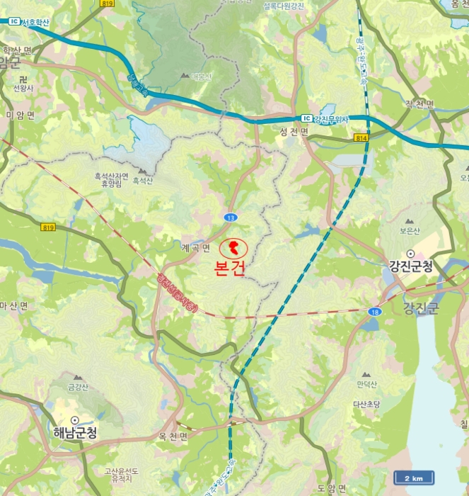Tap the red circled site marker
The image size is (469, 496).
click(232, 249)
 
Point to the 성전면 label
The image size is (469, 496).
click(294, 133)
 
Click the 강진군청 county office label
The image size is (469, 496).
click(410, 266)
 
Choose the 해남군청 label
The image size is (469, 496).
click(75, 432)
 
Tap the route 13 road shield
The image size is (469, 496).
click(231, 217)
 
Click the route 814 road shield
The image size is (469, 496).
click(361, 138)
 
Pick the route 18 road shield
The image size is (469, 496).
click(374, 310)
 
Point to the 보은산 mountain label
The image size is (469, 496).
click(410, 230)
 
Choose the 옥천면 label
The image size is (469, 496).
click(173, 436)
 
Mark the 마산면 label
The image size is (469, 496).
click(13, 306)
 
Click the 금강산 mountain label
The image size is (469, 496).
click(77, 387)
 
